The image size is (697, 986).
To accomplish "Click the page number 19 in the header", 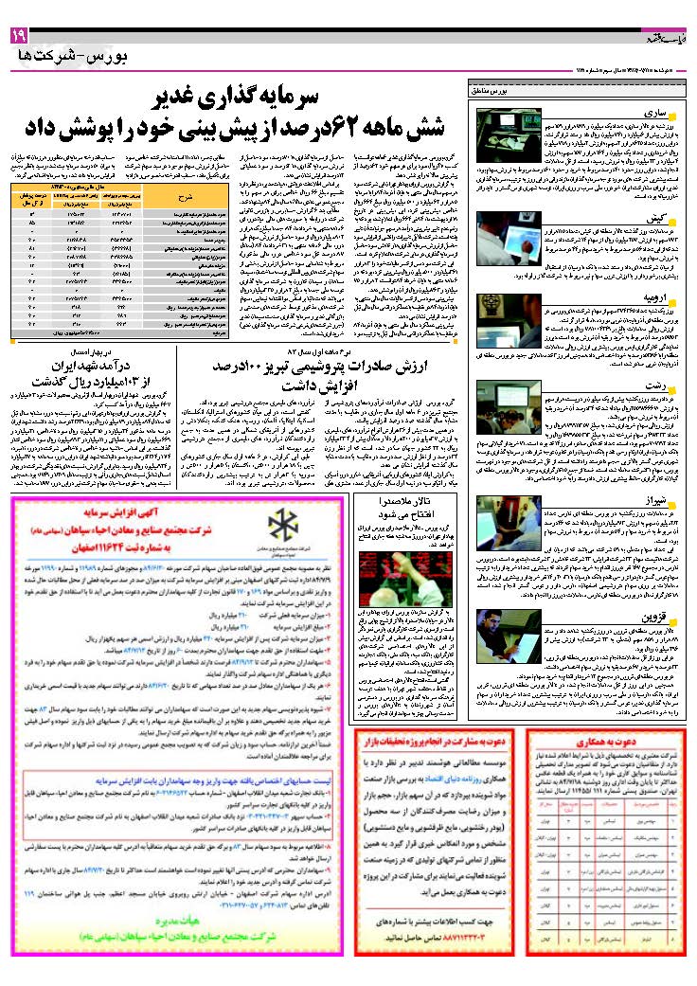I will pyautogui.click(x=20, y=35).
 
